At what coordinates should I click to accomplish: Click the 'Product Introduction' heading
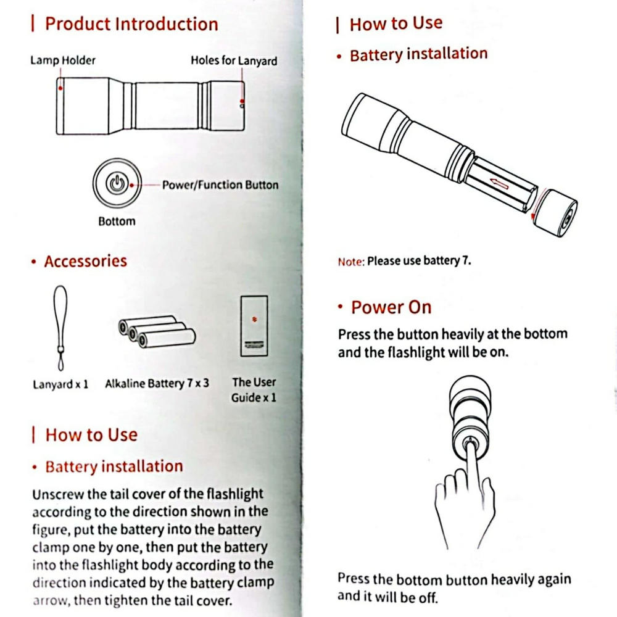[x=131, y=24]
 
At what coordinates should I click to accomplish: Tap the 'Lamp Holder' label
[x=63, y=60]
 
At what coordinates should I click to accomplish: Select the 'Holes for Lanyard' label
[x=233, y=60]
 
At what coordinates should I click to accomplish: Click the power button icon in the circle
[x=116, y=184]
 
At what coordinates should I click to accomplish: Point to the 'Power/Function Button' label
[x=220, y=184]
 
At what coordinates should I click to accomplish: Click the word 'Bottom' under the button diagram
[x=117, y=221]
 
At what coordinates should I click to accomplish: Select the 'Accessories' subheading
[x=85, y=261]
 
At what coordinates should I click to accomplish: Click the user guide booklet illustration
[x=254, y=325]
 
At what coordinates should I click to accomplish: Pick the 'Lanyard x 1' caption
[x=60, y=384]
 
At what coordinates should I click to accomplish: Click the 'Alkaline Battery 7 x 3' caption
[x=157, y=383]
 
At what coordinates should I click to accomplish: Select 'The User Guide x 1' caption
[x=254, y=390]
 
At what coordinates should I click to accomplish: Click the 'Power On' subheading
[x=391, y=307]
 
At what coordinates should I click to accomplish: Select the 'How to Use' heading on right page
[x=395, y=24]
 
